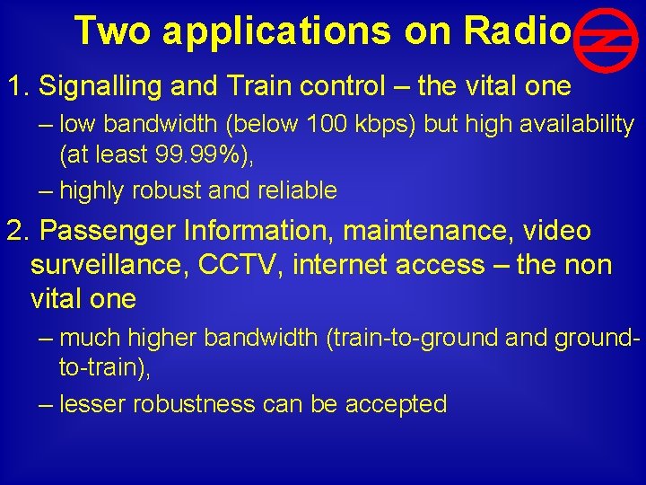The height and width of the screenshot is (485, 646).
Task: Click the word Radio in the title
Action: pyautogui.click(x=518, y=31)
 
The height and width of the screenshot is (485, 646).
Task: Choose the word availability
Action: pyautogui.click(x=577, y=125)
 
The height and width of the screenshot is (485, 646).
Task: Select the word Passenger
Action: pyautogui.click(x=107, y=231)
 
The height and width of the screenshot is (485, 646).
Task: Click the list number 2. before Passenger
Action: pyautogui.click(x=17, y=231)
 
